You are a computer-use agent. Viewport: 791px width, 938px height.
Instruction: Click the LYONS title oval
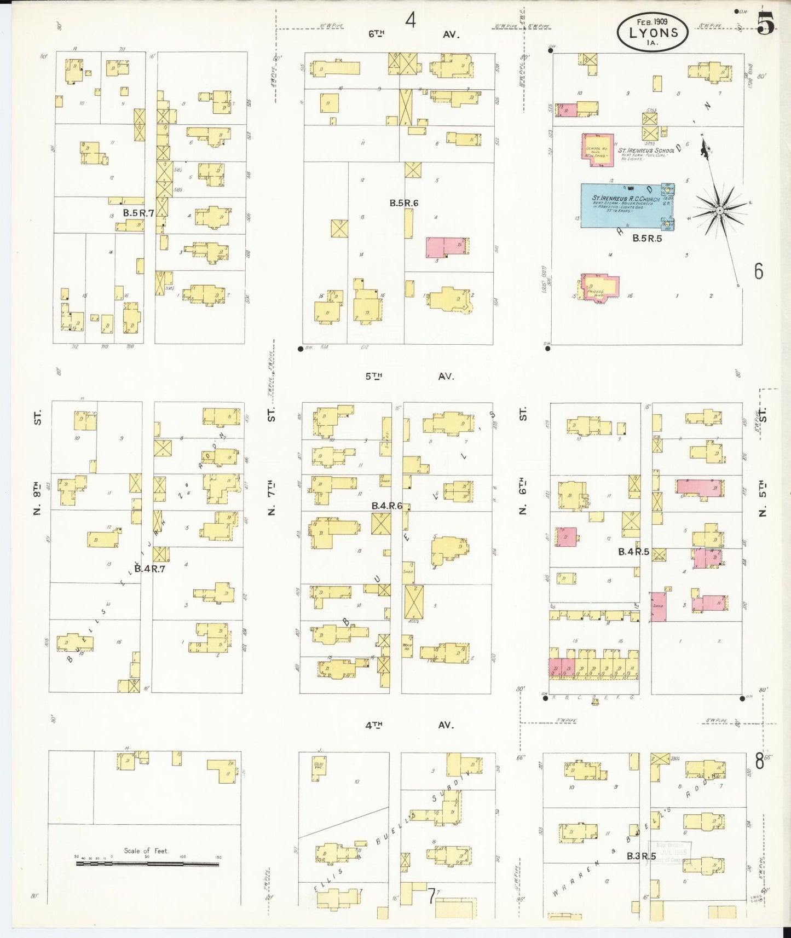pyautogui.click(x=653, y=32)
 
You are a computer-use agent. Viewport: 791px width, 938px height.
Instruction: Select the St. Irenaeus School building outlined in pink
pyautogui.click(x=597, y=148)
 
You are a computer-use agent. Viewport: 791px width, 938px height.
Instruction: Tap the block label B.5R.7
pyautogui.click(x=137, y=213)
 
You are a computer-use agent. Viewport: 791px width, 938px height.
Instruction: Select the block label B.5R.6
pyautogui.click(x=404, y=203)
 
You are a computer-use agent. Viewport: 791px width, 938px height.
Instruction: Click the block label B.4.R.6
pyautogui.click(x=387, y=506)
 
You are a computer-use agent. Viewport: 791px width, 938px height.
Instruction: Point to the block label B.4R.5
pyautogui.click(x=633, y=552)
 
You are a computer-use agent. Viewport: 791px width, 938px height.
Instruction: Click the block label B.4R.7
pyautogui.click(x=150, y=569)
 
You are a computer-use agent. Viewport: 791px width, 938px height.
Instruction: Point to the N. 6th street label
pyautogui.click(x=522, y=495)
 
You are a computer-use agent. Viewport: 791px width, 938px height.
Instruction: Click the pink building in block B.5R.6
pyautogui.click(x=447, y=247)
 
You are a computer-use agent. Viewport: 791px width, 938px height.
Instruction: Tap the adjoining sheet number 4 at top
pyautogui.click(x=411, y=21)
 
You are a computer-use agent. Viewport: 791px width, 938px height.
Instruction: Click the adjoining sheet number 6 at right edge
pyautogui.click(x=758, y=271)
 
